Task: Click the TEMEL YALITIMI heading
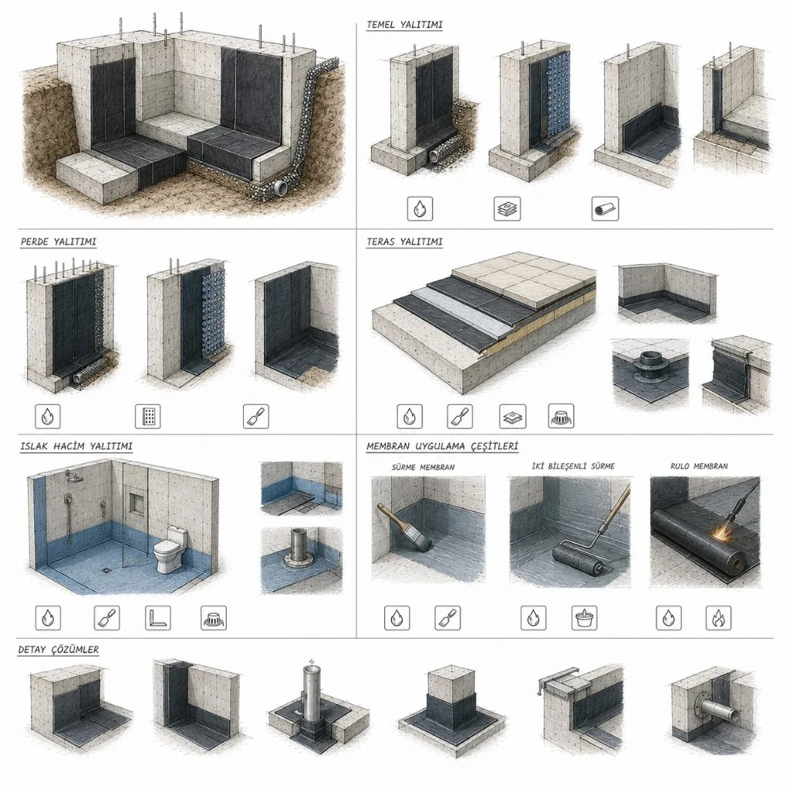pyautogui.click(x=404, y=24)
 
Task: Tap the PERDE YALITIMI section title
pyautogui.click(x=59, y=241)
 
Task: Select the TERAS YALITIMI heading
pyautogui.click(x=404, y=241)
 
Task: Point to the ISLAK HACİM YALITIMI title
pyautogui.click(x=76, y=446)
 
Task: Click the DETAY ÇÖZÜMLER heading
pyautogui.click(x=59, y=650)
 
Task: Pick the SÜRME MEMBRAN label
pyautogui.click(x=424, y=467)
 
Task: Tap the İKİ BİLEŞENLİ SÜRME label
pyautogui.click(x=573, y=466)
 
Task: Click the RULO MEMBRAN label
pyautogui.click(x=699, y=466)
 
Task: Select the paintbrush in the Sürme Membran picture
pyautogui.click(x=406, y=525)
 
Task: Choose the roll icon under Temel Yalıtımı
pyautogui.click(x=605, y=208)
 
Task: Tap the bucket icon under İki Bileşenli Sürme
pyautogui.click(x=585, y=618)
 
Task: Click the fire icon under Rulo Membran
pyautogui.click(x=718, y=618)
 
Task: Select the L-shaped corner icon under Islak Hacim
pyautogui.click(x=157, y=618)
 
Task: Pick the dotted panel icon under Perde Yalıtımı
pyautogui.click(x=148, y=416)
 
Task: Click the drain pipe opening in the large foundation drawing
pyautogui.click(x=281, y=189)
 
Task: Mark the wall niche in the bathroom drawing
pyautogui.click(x=136, y=503)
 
